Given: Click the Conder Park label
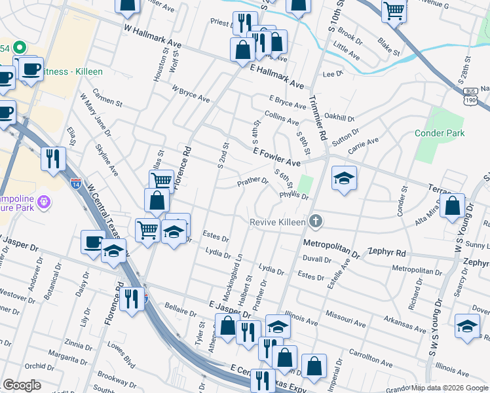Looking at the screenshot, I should pos(440,133).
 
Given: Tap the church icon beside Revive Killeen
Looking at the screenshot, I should pos(316,221).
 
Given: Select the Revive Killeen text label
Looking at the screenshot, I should pos(278,222).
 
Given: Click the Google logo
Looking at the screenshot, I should pos(22,385).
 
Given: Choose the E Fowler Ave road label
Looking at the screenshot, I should pos(276,157).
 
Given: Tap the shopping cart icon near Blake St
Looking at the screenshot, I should pos(394,10).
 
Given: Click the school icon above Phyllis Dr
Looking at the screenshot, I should pos(344,178).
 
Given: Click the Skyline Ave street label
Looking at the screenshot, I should pos(107,160).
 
